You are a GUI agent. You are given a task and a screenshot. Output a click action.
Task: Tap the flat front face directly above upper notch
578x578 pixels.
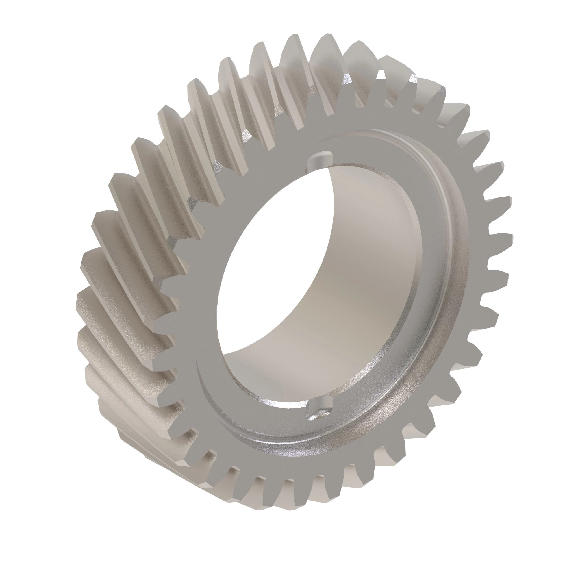pos(317,131)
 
